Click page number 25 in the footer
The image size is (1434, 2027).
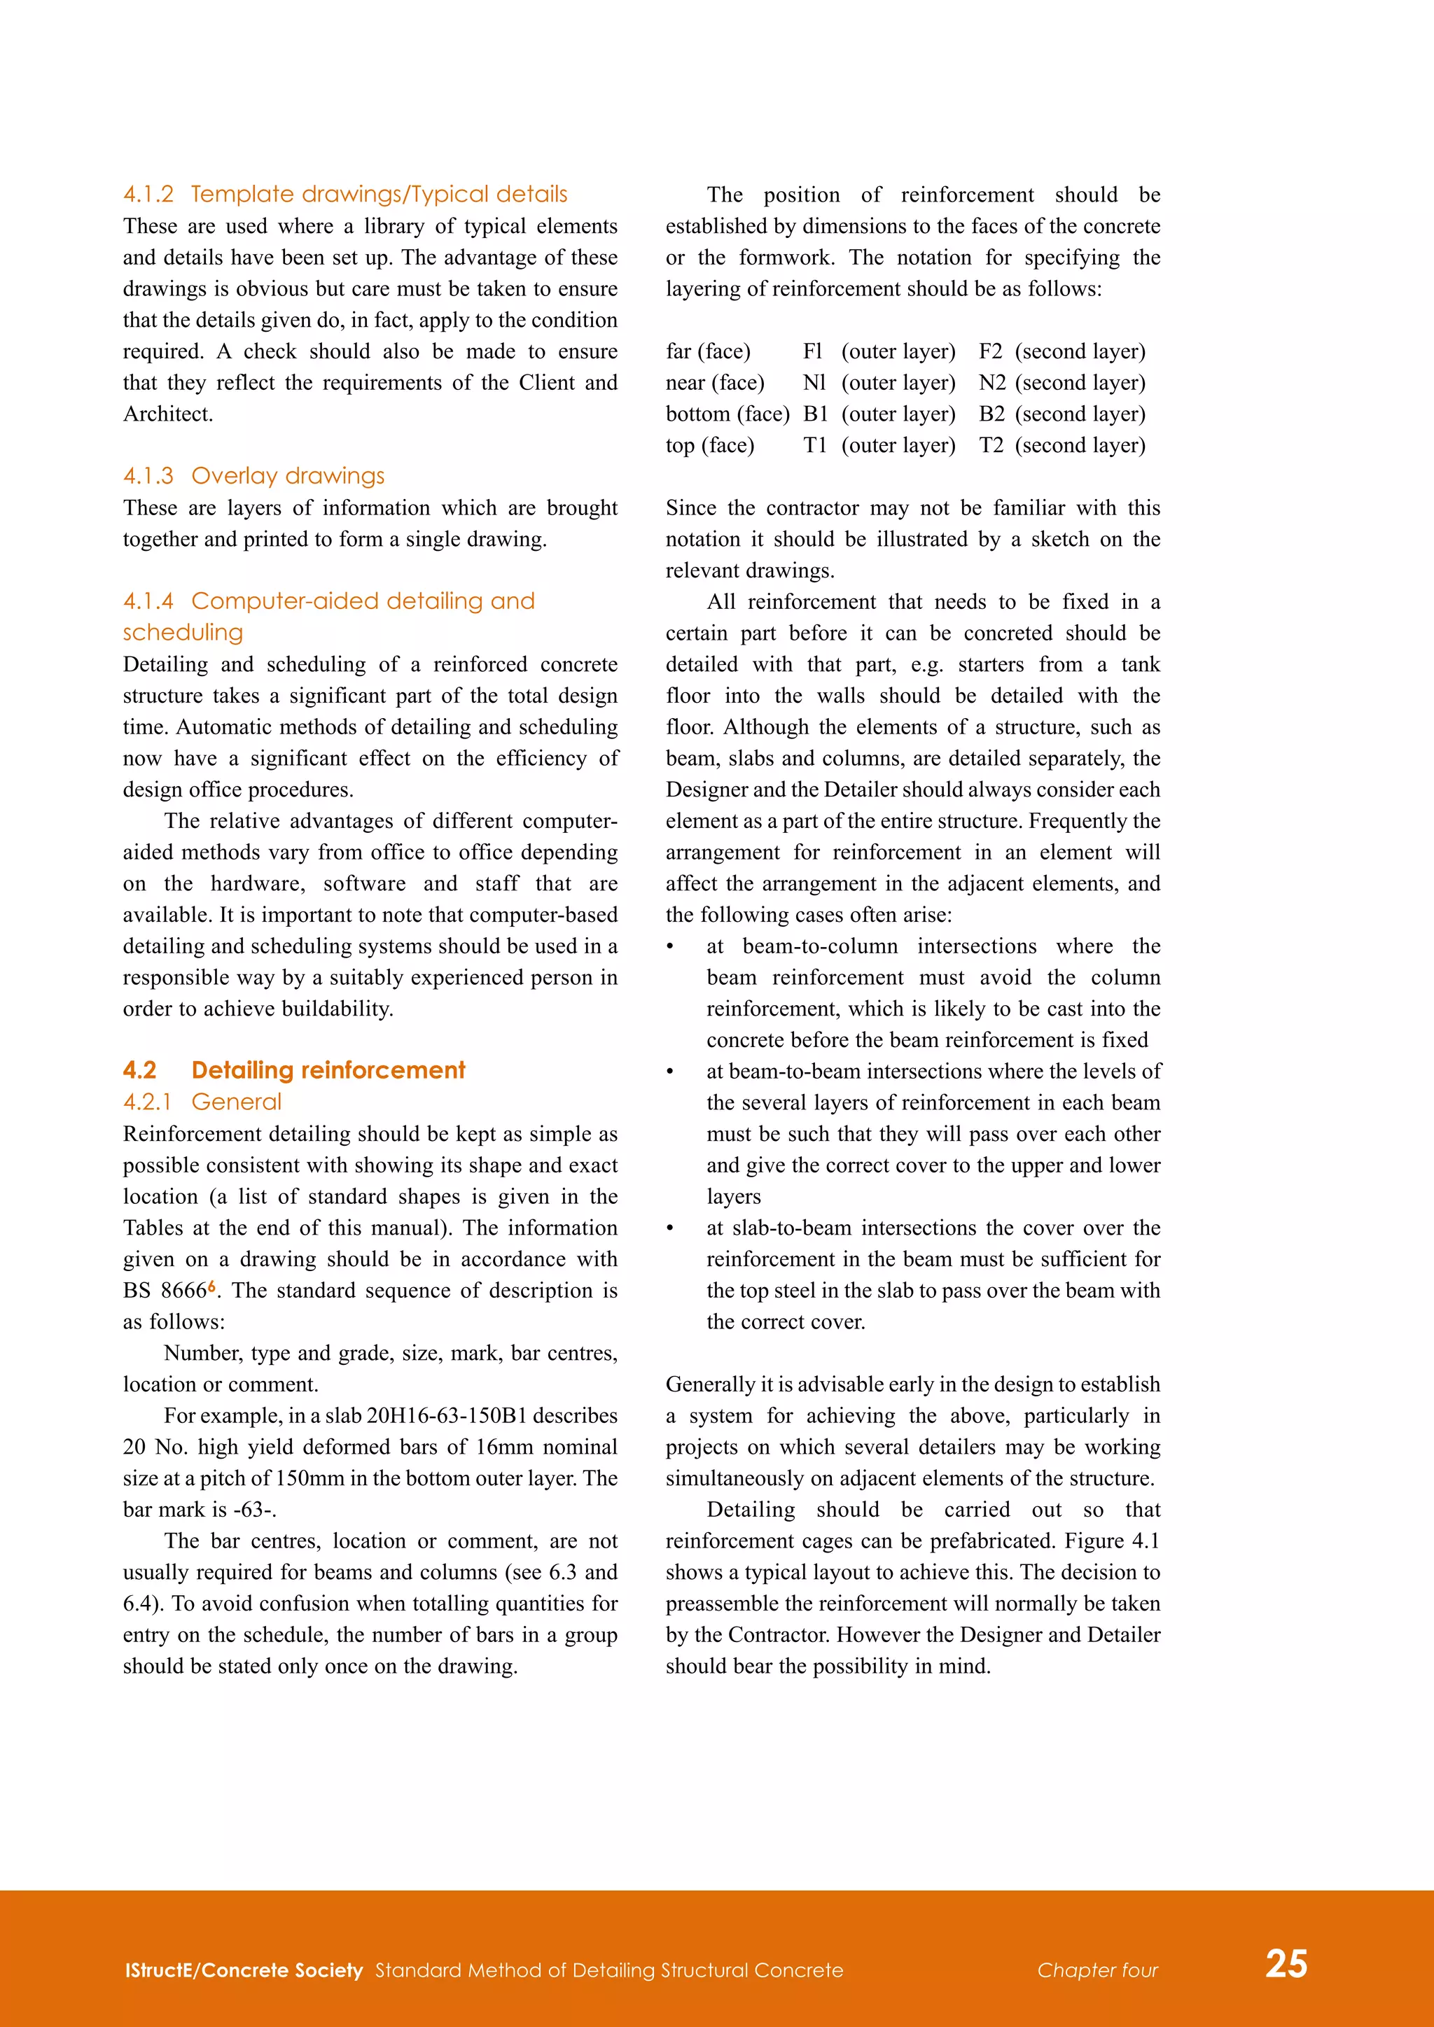1286,1963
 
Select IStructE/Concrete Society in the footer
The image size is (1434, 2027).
244,1970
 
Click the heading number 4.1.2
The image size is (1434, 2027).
148,194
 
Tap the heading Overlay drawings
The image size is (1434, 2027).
288,476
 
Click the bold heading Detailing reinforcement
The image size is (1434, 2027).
328,1070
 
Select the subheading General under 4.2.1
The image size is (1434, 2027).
236,1102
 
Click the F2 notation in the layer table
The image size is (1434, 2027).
990,351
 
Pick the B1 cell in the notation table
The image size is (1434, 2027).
814,414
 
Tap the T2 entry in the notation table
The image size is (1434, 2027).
990,445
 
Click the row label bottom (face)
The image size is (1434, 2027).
727,414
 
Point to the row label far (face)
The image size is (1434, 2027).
707,351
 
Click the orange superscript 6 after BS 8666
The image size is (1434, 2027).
212,1286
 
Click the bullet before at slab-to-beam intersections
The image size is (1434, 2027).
670,1228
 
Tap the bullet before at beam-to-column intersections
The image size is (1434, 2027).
670,946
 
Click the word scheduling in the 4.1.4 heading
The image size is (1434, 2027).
183,632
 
